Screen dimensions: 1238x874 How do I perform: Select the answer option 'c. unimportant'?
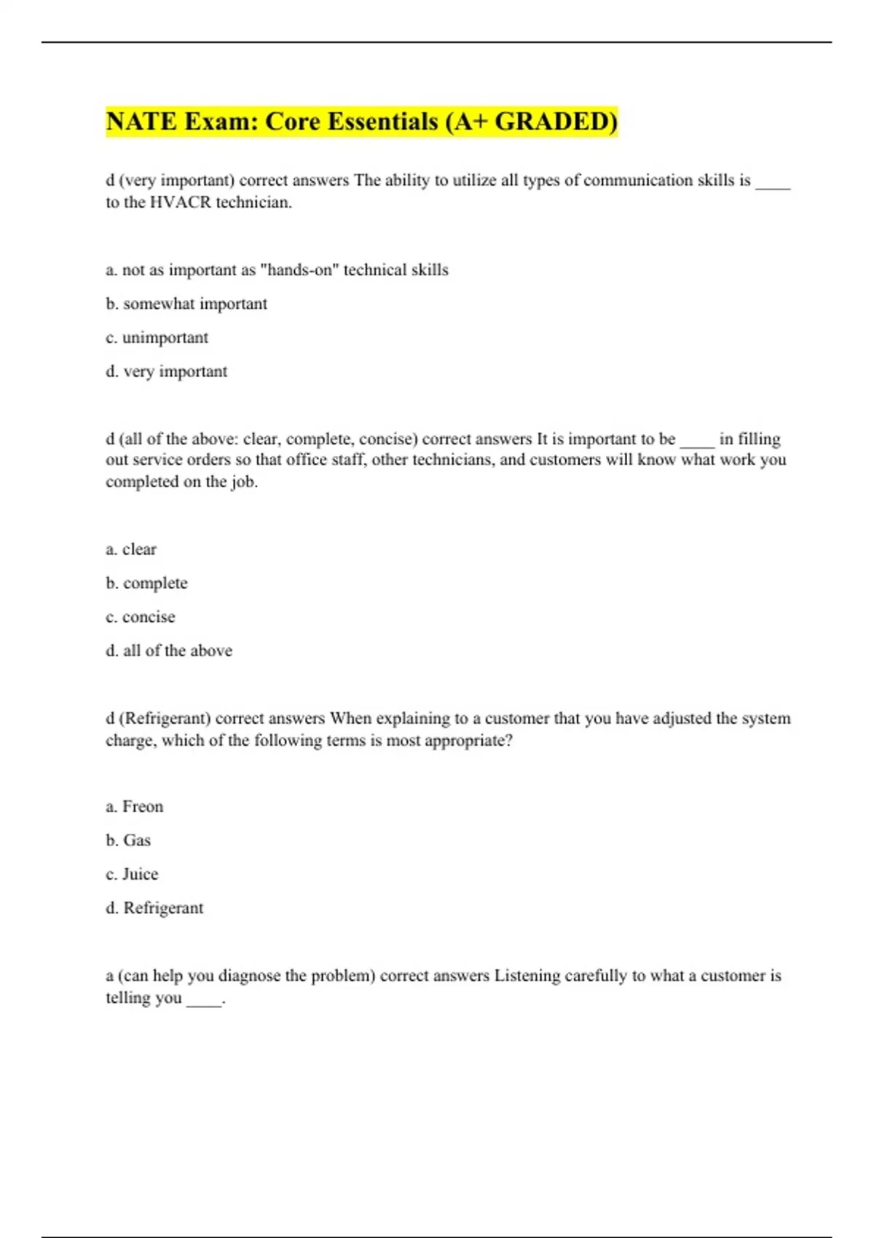pos(157,338)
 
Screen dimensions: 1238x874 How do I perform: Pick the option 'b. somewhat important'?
pos(186,304)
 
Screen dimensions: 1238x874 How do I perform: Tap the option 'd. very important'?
pos(166,371)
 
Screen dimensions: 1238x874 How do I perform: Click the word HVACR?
pos(180,202)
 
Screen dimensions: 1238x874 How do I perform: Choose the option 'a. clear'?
pos(131,549)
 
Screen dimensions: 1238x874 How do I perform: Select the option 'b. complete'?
pos(146,583)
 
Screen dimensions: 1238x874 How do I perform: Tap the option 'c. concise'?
pos(141,617)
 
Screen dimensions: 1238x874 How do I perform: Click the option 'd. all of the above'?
pos(169,651)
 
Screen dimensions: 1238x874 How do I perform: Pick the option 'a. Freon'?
pos(135,807)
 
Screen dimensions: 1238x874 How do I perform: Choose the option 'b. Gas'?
pos(128,840)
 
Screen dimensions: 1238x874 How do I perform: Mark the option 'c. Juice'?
pos(132,874)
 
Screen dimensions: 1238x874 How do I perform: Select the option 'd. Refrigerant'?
pos(154,908)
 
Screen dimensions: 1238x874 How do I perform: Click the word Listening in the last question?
pos(527,976)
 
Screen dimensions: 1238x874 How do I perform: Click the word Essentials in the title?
pos(376,122)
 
